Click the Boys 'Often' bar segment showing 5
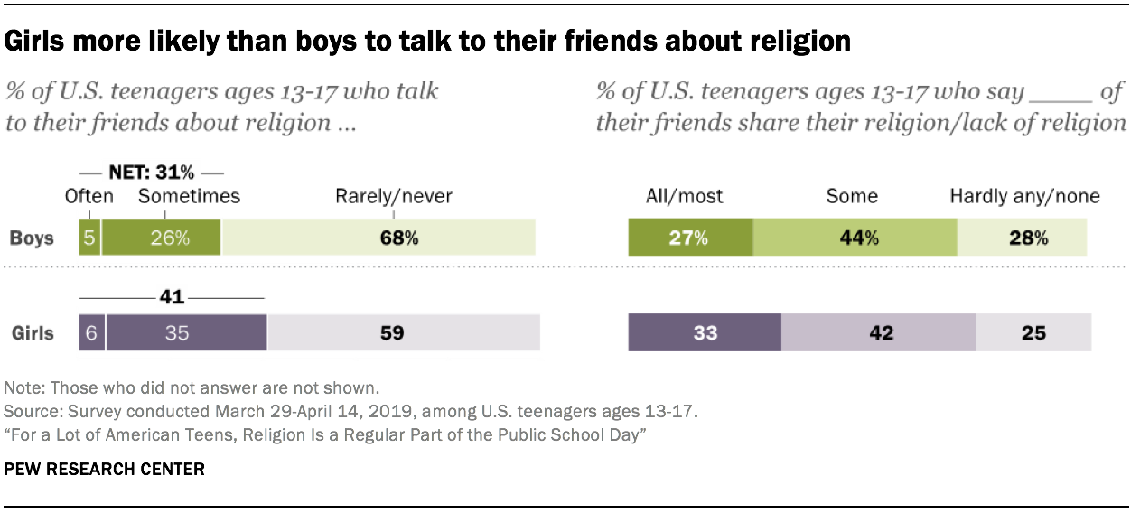click(89, 238)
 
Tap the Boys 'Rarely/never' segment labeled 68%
click(378, 238)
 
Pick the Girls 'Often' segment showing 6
click(92, 332)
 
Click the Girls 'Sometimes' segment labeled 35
click(187, 332)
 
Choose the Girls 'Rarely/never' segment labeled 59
click(403, 332)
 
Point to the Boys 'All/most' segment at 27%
click(690, 238)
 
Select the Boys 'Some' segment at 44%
click(855, 238)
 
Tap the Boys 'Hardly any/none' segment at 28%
click(1022, 238)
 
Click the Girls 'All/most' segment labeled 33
click(705, 332)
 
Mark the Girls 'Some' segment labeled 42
click(878, 332)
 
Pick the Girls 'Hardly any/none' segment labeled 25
click(1033, 332)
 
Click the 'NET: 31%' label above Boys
click(151, 173)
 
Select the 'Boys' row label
click(32, 238)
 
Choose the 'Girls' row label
click(32, 332)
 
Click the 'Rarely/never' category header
click(394, 196)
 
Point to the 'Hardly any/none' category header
click(1024, 196)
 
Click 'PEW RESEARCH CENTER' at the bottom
click(105, 470)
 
